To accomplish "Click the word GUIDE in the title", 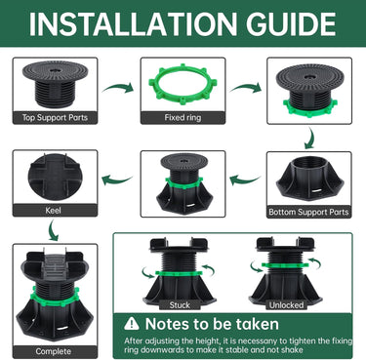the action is coord(291,24).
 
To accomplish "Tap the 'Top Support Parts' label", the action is coord(55,117).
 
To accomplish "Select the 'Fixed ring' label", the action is coord(183,117).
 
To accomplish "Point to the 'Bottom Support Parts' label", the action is coord(308,212).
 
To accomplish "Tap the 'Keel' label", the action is coord(54,210).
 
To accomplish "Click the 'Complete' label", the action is coord(54,351).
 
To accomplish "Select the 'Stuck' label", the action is coord(180,305).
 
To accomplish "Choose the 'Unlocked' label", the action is coord(286,305).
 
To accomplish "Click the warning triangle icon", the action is coord(132,324).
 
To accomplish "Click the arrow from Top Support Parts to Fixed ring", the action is coord(118,88).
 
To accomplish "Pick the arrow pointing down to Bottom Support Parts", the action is coord(310,139).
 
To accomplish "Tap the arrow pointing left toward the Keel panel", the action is coord(117,180).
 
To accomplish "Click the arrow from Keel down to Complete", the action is coord(54,230).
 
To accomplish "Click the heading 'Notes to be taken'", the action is coord(212,324).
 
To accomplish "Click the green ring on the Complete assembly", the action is coord(55,298).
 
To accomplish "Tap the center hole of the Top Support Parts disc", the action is coord(55,70).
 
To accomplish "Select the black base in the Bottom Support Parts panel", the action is coord(309,178).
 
